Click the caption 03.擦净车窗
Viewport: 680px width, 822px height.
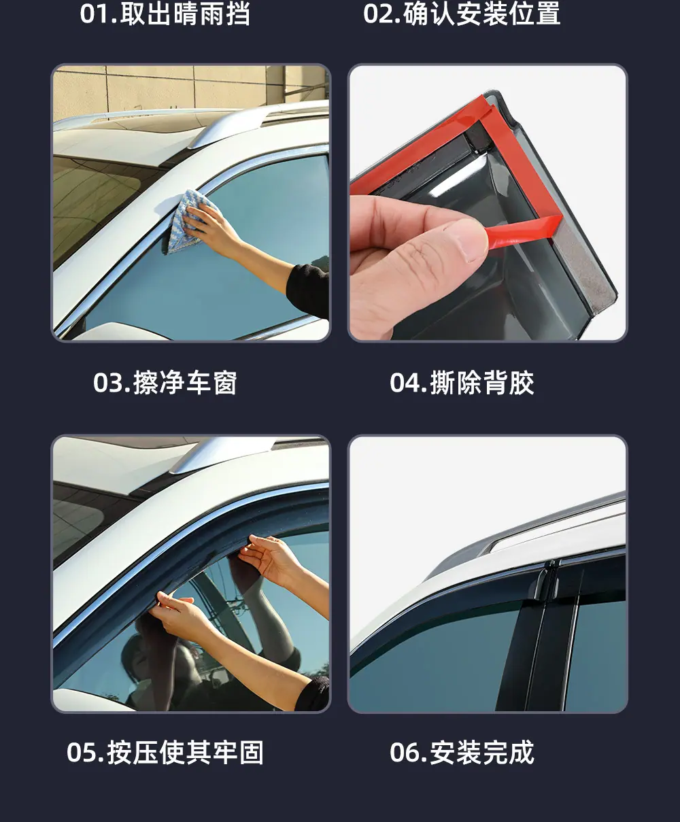pyautogui.click(x=165, y=382)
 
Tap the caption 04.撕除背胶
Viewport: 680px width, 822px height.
pyautogui.click(x=462, y=382)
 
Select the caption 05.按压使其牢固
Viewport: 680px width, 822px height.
pyautogui.click(x=165, y=753)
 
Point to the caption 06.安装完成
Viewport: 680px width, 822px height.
pyautogui.click(x=462, y=753)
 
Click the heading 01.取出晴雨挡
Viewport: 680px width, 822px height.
pyautogui.click(x=165, y=14)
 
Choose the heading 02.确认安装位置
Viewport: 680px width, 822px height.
pyautogui.click(x=462, y=14)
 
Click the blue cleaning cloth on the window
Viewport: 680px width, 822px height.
pyautogui.click(x=184, y=220)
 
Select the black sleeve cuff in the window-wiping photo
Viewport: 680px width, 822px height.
pyautogui.click(x=308, y=290)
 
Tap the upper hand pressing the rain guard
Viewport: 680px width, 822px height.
pyautogui.click(x=272, y=561)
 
